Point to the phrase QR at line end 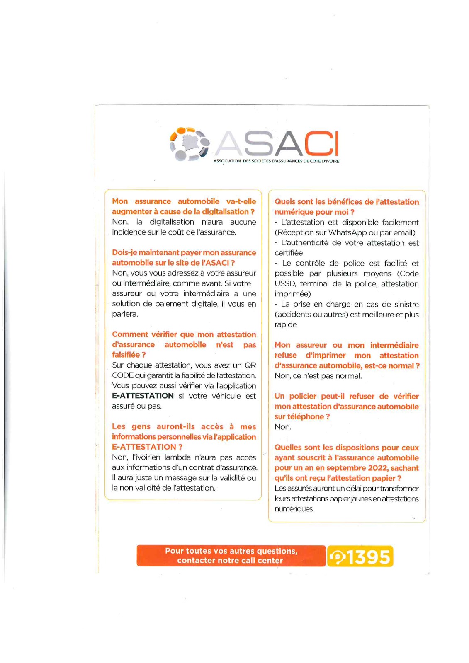250,365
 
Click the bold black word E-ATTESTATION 143,396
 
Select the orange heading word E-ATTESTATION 144,447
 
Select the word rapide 286,324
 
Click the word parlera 124,314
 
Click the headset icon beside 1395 337,557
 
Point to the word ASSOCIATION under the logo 227,161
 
